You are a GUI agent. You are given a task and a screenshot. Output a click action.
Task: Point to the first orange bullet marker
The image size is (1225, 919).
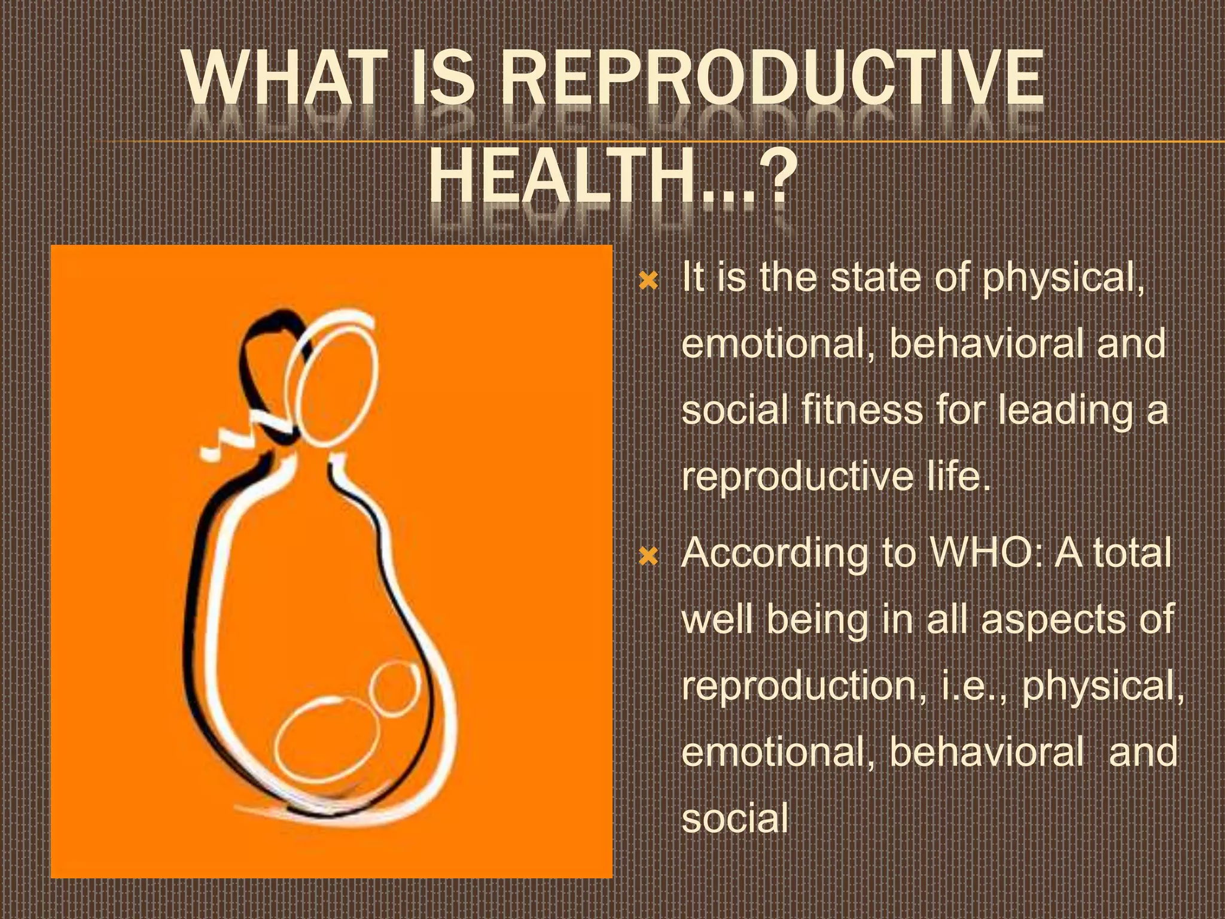(648, 281)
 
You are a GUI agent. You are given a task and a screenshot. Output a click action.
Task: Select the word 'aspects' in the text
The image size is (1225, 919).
(1053, 620)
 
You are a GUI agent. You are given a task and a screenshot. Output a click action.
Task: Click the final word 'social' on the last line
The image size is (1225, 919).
(735, 819)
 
